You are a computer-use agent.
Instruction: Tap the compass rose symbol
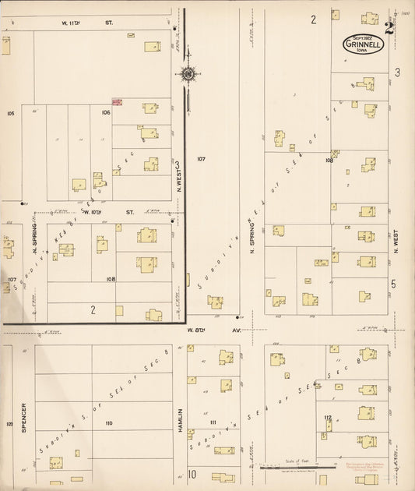pos(188,75)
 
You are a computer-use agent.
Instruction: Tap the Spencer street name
pos(24,418)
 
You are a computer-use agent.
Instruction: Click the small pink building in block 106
pos(117,102)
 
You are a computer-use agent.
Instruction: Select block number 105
pos(10,114)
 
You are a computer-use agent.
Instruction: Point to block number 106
pos(105,112)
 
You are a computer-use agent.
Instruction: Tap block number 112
pos(328,418)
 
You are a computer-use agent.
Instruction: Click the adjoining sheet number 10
pos(191,473)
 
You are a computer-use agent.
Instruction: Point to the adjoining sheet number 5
pos(393,284)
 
